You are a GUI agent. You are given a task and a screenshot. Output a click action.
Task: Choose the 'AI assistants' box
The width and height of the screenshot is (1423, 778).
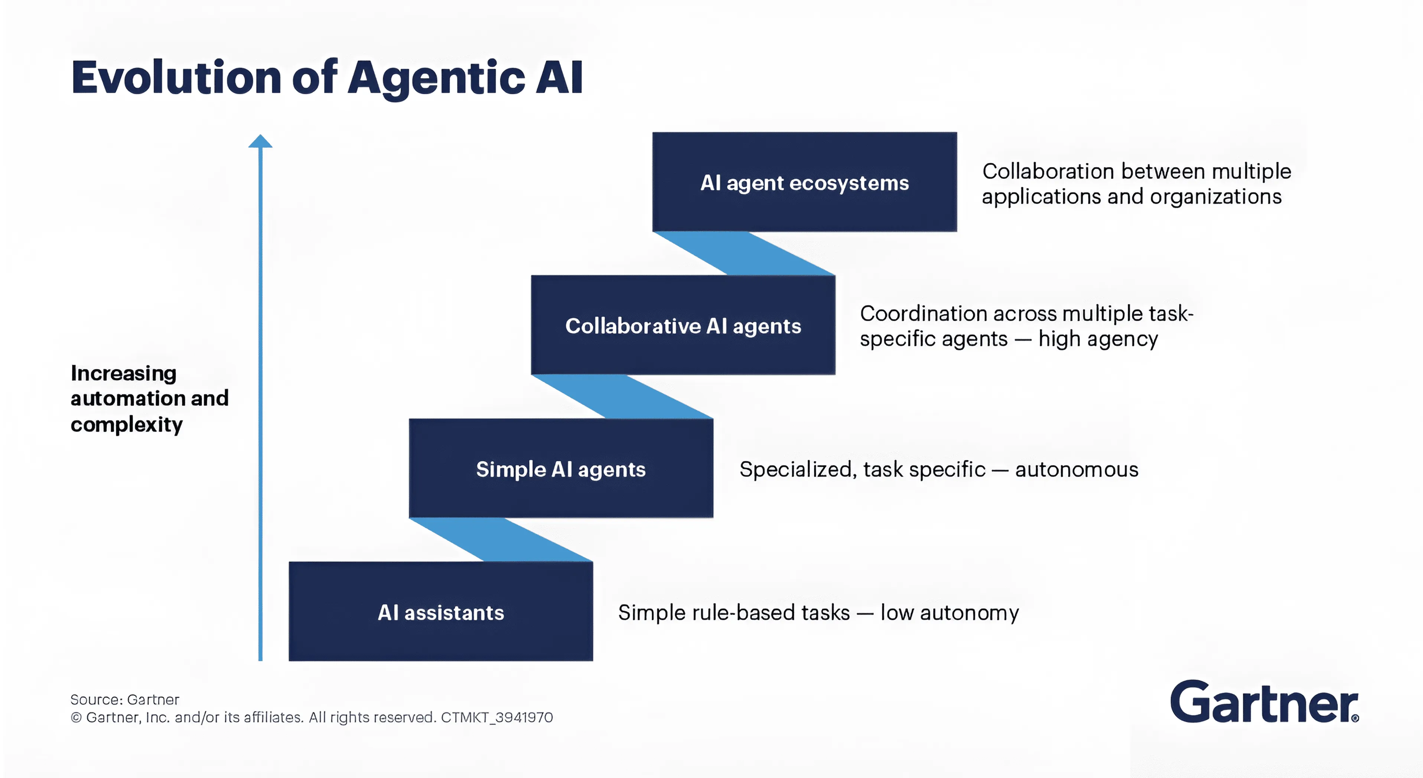(440, 611)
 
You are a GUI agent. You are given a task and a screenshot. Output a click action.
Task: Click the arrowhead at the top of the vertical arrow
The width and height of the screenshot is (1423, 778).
(260, 141)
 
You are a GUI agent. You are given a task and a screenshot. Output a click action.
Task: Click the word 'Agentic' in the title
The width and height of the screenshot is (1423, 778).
(436, 78)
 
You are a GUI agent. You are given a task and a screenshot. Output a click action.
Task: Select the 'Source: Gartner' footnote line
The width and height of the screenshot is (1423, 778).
(125, 700)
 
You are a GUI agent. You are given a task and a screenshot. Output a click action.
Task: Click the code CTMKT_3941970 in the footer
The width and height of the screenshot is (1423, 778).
(496, 717)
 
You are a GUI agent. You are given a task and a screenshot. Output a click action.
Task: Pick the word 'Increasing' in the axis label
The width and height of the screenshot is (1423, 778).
(124, 373)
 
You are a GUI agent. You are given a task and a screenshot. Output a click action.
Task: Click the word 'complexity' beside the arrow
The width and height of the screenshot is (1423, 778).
(127, 425)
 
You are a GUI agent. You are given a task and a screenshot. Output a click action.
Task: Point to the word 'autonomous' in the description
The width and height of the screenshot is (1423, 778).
(1077, 469)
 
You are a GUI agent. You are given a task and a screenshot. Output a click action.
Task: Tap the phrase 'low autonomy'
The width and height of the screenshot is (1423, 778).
(950, 613)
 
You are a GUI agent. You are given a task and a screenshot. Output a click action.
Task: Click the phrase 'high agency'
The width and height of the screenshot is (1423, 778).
(1098, 339)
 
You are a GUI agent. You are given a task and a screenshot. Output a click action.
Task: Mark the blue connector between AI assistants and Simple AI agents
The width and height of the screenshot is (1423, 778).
(501, 539)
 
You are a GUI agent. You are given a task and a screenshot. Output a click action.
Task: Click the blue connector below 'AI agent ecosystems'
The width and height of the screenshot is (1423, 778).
(743, 253)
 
